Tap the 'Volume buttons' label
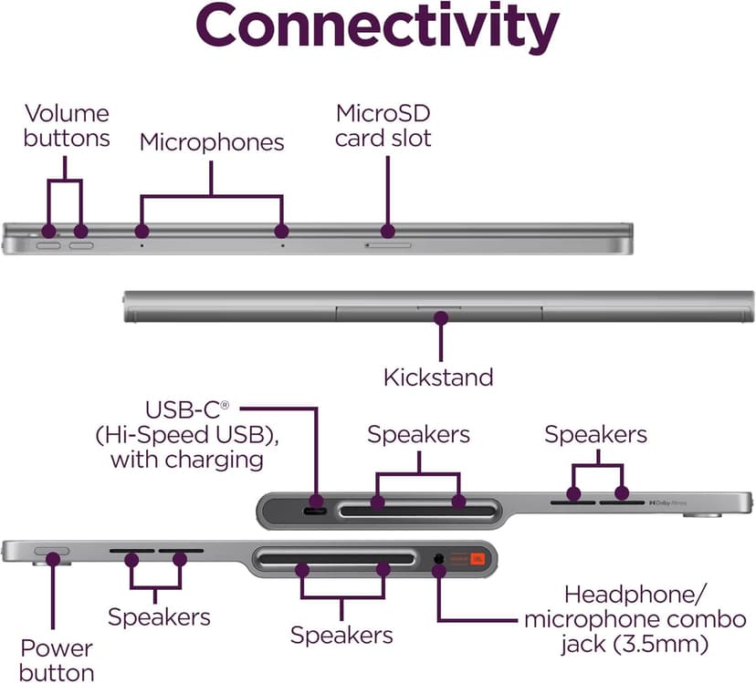point(67,126)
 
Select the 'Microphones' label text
point(211,142)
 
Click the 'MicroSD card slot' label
point(383,126)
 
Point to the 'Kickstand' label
point(438,377)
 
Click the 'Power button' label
point(58,661)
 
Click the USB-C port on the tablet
point(316,510)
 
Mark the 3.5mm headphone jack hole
point(441,557)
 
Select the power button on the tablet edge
point(51,552)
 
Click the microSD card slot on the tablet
point(388,244)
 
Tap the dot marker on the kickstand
point(441,318)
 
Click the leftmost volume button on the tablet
point(47,244)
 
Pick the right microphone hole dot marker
point(281,232)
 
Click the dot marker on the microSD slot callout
point(388,232)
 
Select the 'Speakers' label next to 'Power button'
point(159,616)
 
